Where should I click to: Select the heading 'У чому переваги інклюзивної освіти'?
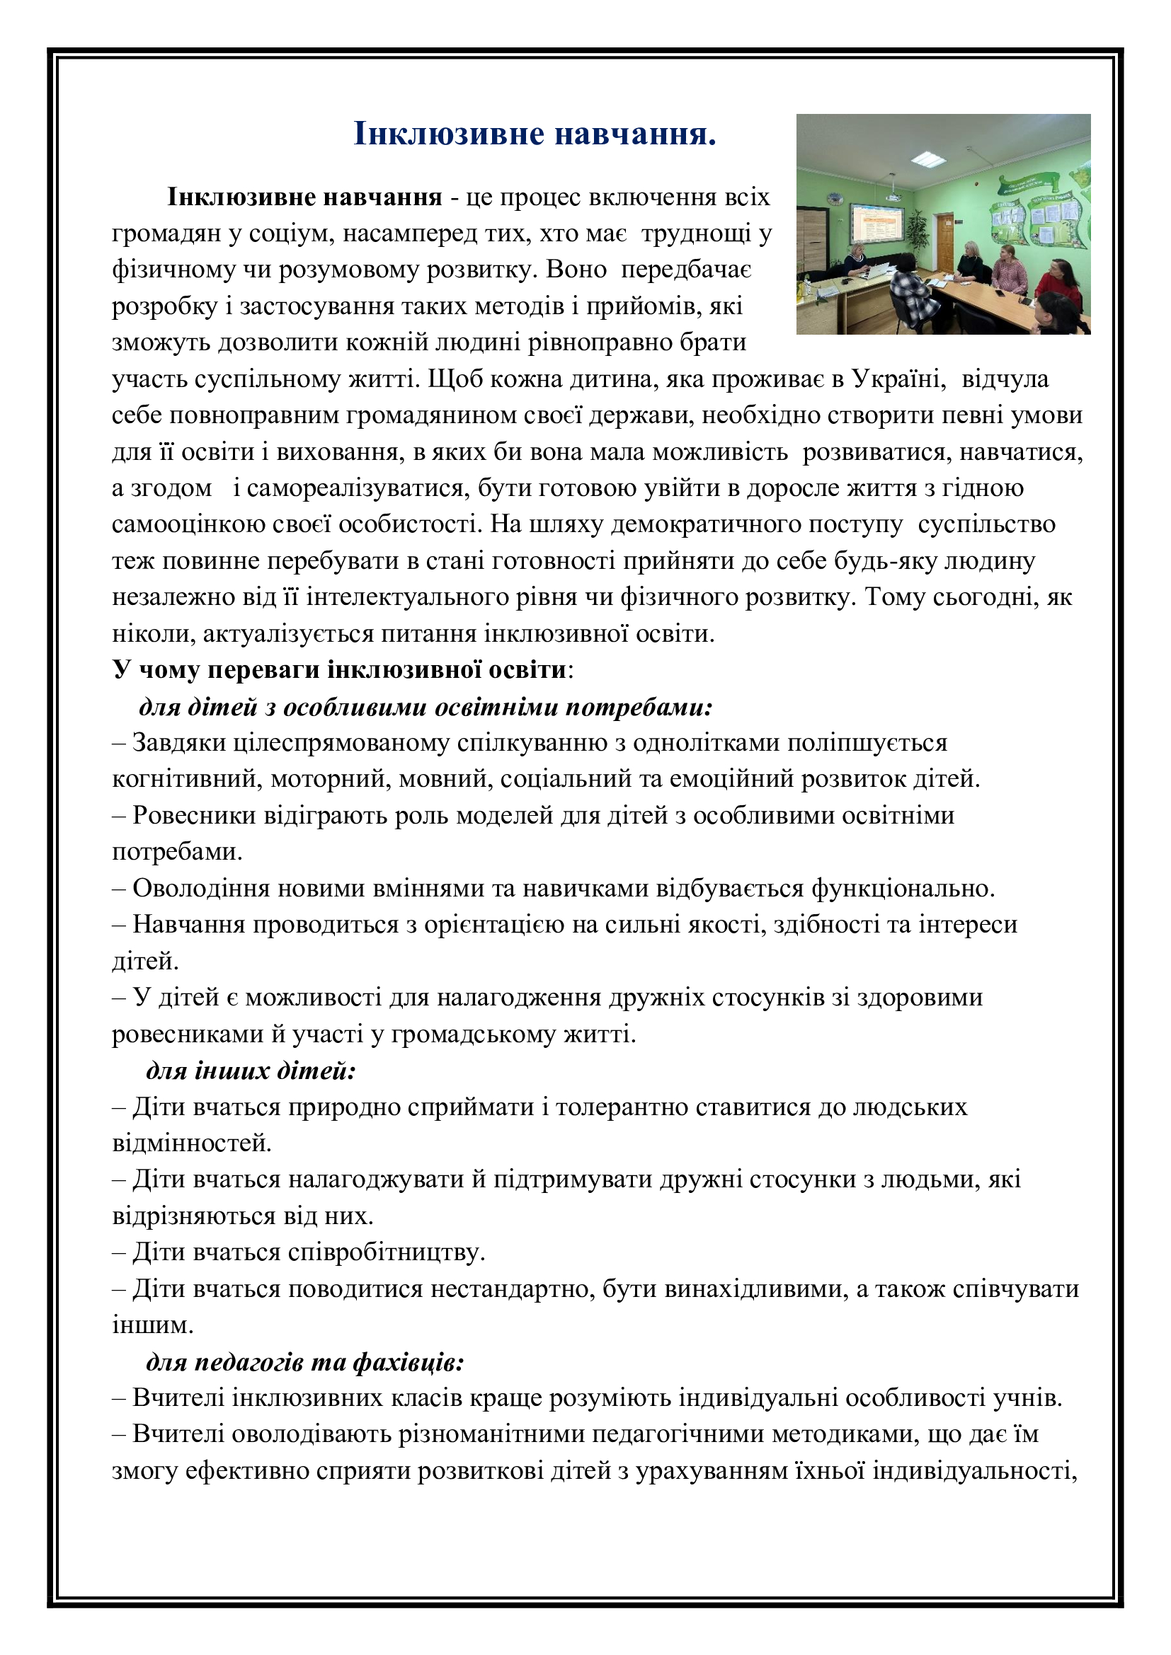[x=339, y=669]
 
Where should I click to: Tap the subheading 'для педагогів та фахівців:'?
[x=305, y=1361]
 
